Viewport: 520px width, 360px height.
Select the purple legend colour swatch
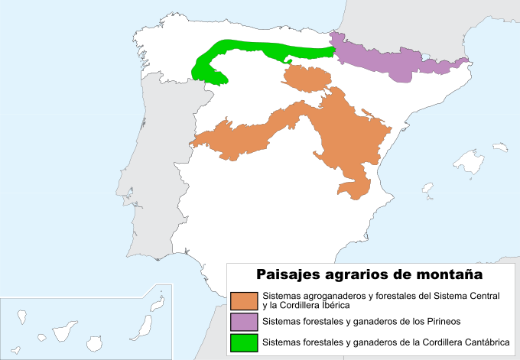[x=244, y=321]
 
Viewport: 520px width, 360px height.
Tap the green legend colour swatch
[x=244, y=342]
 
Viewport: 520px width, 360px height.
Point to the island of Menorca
[x=501, y=147]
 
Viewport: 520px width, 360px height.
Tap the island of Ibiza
[x=428, y=188]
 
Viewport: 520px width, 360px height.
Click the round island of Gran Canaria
[x=96, y=343]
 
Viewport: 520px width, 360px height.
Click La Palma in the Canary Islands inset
[x=21, y=316]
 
